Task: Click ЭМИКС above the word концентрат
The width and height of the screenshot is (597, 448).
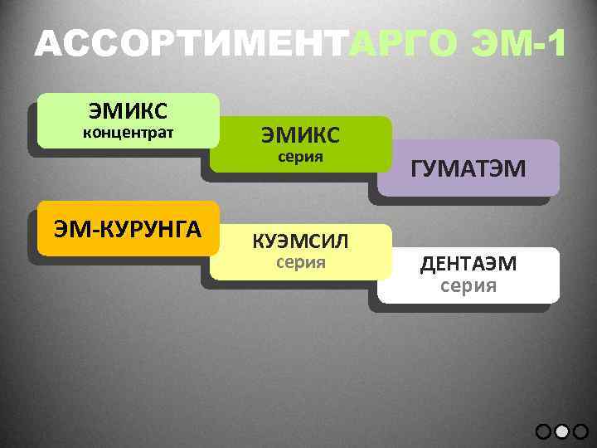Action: click(x=128, y=110)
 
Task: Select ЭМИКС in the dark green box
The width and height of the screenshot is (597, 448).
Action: click(x=300, y=134)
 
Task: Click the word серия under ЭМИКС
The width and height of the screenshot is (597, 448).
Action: click(x=300, y=156)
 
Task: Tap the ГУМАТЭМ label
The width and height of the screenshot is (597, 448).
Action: click(x=468, y=169)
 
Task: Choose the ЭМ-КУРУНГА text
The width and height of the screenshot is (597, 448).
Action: click(x=128, y=228)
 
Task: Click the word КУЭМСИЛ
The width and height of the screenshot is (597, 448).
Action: click(x=300, y=241)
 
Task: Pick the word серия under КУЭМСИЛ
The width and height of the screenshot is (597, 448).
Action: click(x=300, y=263)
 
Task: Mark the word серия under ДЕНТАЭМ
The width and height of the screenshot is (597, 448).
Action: click(x=468, y=286)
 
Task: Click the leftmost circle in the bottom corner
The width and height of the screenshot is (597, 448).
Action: click(x=543, y=431)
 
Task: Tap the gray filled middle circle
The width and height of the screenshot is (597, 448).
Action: click(x=562, y=431)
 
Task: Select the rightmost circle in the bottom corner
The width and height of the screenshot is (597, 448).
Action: click(x=580, y=431)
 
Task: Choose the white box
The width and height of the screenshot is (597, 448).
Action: click(x=468, y=275)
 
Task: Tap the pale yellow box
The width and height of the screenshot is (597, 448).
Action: click(x=300, y=252)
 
